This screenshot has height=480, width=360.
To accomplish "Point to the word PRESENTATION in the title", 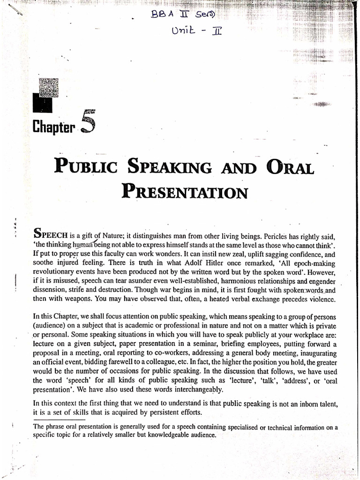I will coord(184,192).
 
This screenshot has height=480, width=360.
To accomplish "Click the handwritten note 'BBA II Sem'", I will coord(183,16).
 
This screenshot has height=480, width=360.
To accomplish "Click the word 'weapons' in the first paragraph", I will coord(84,299).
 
